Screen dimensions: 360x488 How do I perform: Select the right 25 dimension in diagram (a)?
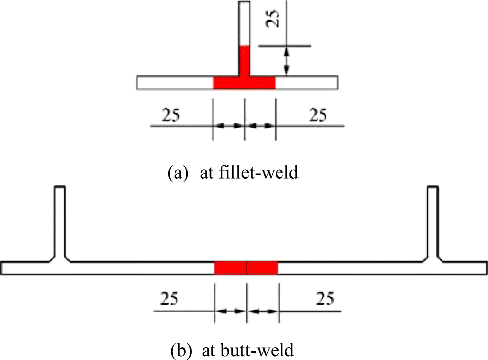(x=318, y=115)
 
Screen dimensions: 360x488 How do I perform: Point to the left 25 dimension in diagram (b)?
(x=170, y=299)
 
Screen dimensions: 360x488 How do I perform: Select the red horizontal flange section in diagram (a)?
(x=244, y=83)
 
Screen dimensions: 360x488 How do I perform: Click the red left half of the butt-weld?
(x=230, y=268)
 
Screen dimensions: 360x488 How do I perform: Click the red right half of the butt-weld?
(x=262, y=268)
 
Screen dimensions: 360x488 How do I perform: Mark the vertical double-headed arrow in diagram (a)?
(x=286, y=61)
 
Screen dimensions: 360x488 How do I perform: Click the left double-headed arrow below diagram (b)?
(x=230, y=311)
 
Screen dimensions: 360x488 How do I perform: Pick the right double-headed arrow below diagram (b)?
(x=263, y=311)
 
